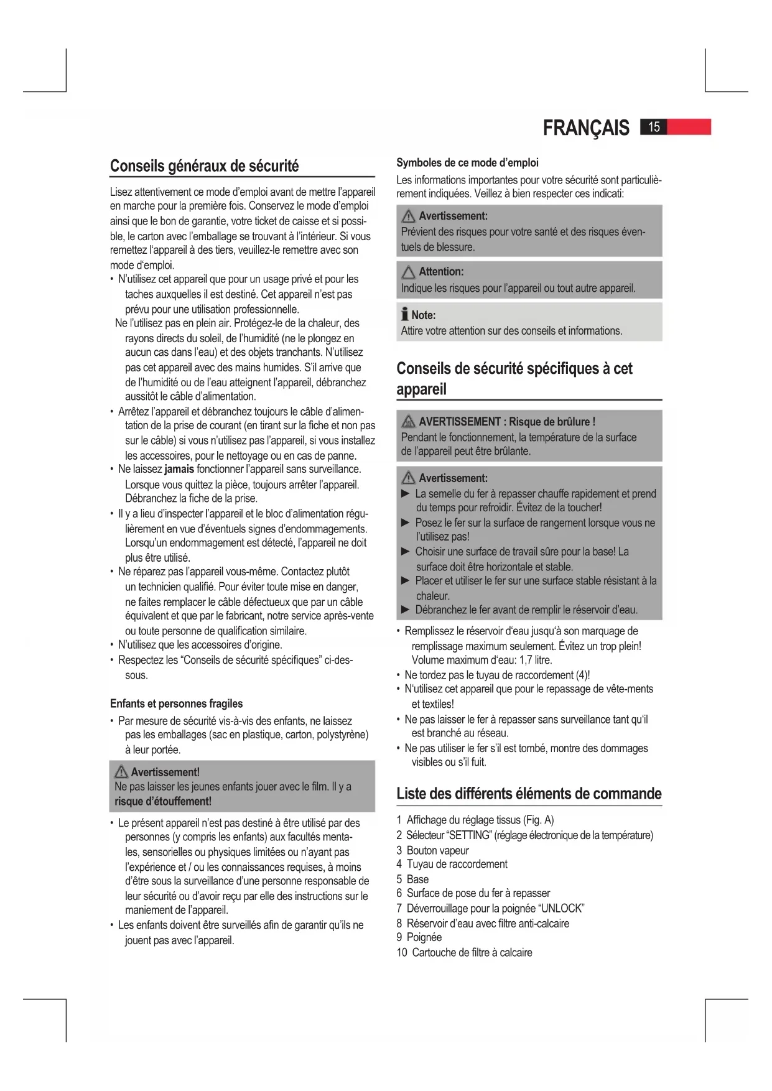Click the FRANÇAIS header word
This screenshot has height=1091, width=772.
point(585,128)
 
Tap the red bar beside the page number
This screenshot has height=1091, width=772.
point(689,128)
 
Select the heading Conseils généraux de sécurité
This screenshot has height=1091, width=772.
point(204,166)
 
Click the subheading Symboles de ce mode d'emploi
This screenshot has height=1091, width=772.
point(467,163)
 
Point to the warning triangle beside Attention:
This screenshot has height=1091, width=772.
point(408,272)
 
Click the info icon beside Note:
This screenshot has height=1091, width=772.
point(405,315)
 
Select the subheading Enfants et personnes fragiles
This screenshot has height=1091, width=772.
point(176,703)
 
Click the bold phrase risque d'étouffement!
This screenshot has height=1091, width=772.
point(163,801)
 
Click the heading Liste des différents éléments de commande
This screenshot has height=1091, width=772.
point(529,794)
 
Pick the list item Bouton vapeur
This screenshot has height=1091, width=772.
point(437,850)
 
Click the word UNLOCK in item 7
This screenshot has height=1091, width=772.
point(562,908)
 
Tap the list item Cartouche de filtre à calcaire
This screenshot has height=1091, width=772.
point(472,952)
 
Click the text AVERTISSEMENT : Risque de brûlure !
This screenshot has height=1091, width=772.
point(507,422)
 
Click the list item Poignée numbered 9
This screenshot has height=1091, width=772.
point(424,937)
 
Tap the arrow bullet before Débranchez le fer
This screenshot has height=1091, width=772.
point(406,610)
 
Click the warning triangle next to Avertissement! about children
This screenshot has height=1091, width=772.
point(121,773)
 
